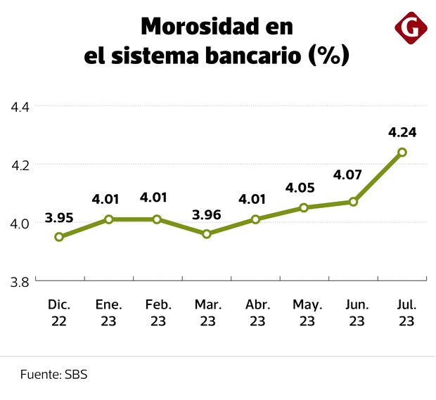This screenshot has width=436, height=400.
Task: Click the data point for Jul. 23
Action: click(x=402, y=152)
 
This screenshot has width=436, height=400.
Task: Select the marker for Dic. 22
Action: click(x=59, y=237)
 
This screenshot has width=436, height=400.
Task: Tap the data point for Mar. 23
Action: click(x=206, y=233)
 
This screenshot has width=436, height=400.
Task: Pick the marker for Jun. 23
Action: click(x=353, y=202)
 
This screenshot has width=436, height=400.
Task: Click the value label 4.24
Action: click(x=402, y=131)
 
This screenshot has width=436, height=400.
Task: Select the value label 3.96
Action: click(x=206, y=214)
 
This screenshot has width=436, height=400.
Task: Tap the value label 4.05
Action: click(x=304, y=188)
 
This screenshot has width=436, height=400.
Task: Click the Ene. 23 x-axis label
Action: click(x=108, y=314)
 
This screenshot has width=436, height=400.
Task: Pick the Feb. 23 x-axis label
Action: click(x=157, y=314)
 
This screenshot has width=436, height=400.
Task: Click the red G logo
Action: click(x=411, y=29)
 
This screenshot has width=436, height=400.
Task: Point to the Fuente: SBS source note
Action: click(x=53, y=375)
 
